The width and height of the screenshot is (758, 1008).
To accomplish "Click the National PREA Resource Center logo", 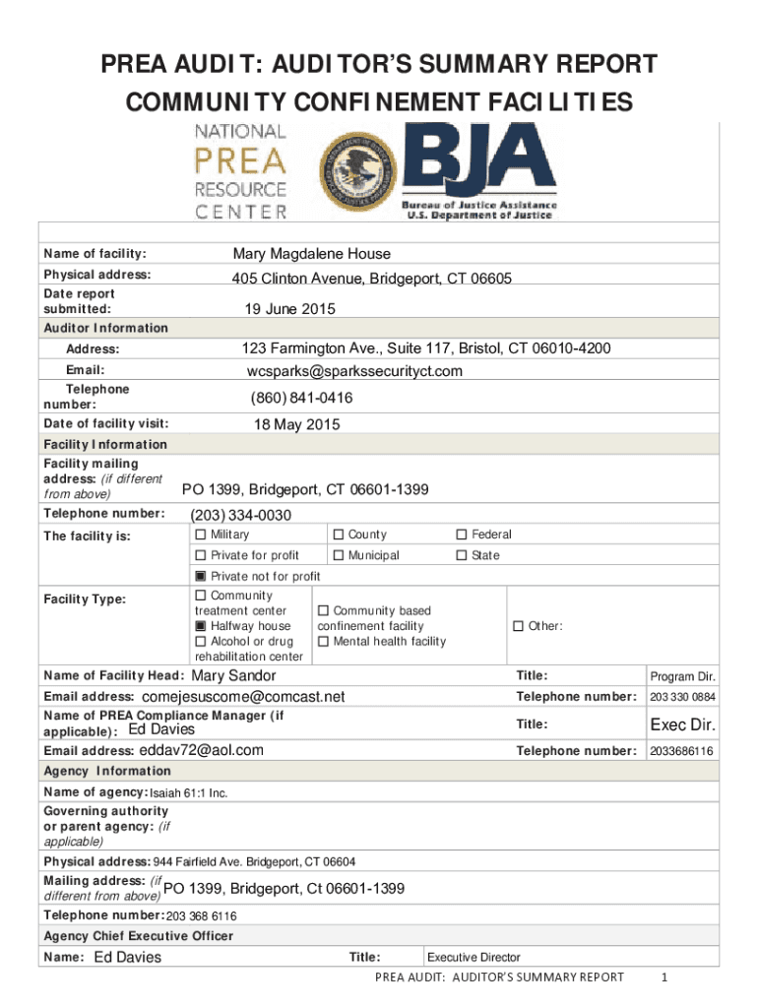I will click(x=241, y=170).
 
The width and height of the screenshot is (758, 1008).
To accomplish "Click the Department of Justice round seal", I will click(x=355, y=169).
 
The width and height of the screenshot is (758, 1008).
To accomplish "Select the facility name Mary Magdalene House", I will click(x=311, y=254).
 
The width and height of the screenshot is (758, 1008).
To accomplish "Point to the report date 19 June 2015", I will click(x=289, y=309).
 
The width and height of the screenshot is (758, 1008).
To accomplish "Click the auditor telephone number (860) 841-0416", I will click(x=301, y=398).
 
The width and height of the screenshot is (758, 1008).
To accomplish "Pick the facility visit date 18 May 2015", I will click(x=296, y=425).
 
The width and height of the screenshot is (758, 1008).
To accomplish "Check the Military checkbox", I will click(x=201, y=535).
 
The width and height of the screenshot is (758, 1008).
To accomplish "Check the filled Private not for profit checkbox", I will click(x=201, y=576).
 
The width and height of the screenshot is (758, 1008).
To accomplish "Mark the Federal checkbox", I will click(x=462, y=535).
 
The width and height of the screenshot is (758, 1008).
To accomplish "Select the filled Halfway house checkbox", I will click(x=201, y=626).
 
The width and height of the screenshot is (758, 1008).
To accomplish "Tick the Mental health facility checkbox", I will click(x=324, y=642).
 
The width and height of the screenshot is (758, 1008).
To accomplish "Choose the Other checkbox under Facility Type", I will click(x=519, y=626).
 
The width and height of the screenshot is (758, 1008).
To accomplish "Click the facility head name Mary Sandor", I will click(x=233, y=675).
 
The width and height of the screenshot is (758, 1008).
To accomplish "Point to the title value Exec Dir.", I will click(x=681, y=726).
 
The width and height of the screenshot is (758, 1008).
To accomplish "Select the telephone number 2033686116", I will click(x=681, y=751).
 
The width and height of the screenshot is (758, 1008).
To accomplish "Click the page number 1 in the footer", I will click(x=666, y=977).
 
